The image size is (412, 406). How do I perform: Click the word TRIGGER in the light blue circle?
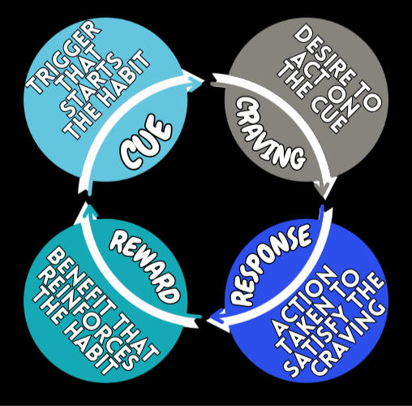[x=63, y=58]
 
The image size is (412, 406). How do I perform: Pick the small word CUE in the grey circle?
[x=328, y=114]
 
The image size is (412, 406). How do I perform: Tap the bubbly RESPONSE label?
[x=270, y=266]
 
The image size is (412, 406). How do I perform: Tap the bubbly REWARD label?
[x=145, y=267]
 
